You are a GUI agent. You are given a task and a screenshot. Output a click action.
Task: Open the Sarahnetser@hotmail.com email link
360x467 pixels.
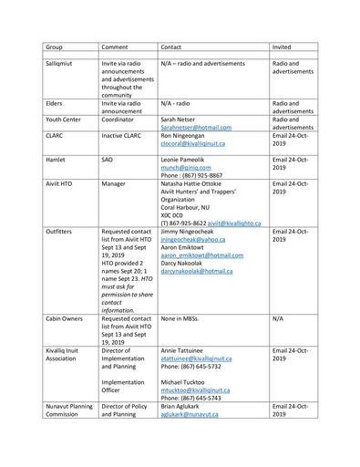[x=196, y=129]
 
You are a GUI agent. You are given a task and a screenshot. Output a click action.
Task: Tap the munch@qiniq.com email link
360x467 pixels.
[x=185, y=169]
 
